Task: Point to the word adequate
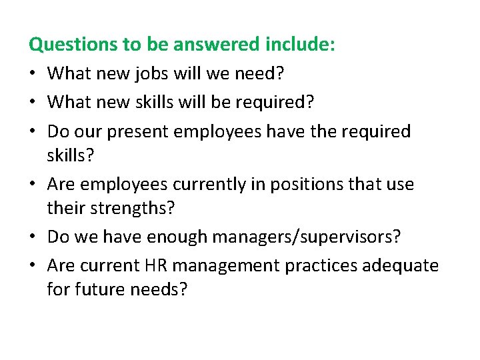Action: pos(401,266)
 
